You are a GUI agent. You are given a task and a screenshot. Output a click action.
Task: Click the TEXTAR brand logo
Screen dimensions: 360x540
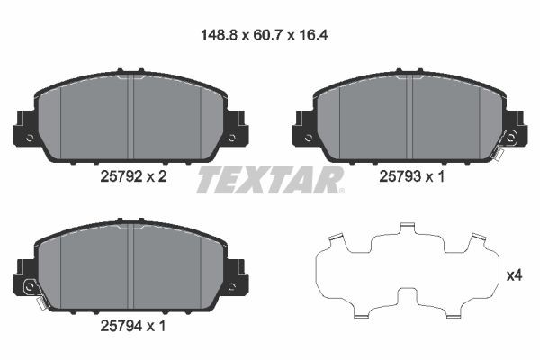tap(270, 179)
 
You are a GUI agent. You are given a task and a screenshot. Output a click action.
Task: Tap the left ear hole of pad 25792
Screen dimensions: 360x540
tap(30, 139)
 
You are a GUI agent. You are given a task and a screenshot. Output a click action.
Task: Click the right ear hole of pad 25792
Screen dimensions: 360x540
tap(232, 139)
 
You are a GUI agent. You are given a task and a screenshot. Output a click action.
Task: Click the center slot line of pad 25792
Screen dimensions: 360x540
tap(131, 117)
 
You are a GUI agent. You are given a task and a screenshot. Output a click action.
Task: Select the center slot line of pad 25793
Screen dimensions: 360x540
tap(410, 117)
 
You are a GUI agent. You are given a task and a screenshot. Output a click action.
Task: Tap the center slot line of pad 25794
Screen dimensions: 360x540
tap(131, 265)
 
